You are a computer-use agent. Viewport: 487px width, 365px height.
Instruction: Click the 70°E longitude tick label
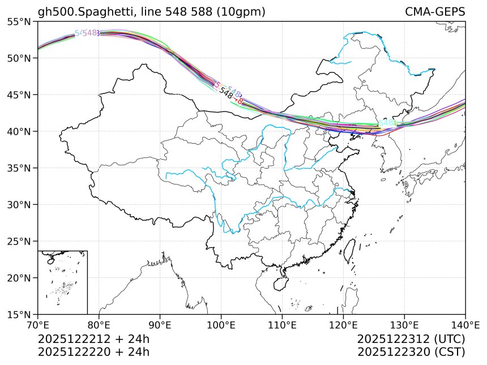pos(38,325)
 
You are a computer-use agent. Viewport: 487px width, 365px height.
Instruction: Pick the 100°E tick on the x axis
pos(221,325)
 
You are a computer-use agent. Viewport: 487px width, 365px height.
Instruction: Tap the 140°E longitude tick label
pos(465,325)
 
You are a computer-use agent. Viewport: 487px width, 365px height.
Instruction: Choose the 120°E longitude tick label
pos(343,325)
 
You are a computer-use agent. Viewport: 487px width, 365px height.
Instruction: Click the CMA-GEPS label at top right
pos(435,12)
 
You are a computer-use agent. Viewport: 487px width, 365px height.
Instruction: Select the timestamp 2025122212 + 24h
pos(93,340)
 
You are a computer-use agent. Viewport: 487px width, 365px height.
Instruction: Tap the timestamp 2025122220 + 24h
pos(93,352)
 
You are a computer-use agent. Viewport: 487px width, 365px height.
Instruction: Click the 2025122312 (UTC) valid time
pos(411,340)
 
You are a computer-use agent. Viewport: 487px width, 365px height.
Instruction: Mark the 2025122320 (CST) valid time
pos(411,352)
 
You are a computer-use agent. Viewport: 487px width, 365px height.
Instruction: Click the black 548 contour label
pos(226,93)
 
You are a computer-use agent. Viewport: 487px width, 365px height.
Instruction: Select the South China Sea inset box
pos(62,282)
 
